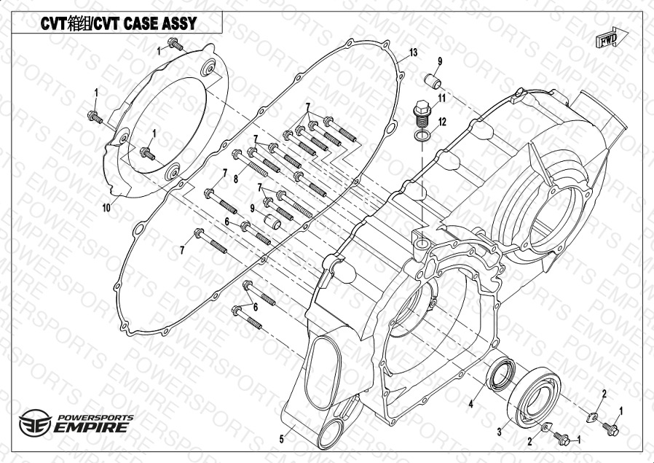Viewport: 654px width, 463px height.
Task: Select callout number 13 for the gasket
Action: [413, 52]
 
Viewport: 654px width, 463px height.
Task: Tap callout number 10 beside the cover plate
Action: [106, 207]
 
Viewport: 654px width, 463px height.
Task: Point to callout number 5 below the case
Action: [282, 438]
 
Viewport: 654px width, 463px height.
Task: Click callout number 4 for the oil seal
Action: [471, 403]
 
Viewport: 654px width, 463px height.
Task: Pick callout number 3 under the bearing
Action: [499, 432]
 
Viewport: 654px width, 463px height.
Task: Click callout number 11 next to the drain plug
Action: [442, 98]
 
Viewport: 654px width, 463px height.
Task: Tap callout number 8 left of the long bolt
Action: [236, 179]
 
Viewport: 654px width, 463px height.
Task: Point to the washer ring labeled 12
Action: [422, 136]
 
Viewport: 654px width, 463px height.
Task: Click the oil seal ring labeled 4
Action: [500, 376]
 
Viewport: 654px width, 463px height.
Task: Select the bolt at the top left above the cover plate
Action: [175, 45]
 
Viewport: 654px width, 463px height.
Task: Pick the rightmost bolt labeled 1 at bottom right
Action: [610, 430]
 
